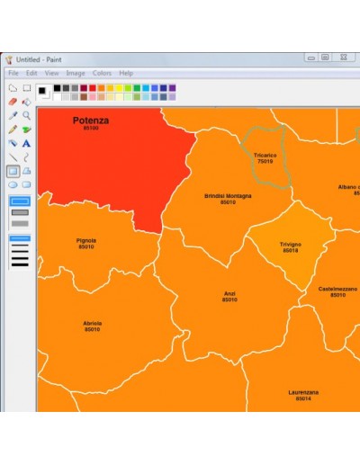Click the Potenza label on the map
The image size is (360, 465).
[91, 120]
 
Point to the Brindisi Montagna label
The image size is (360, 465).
[228, 196]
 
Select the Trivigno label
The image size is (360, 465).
[291, 244]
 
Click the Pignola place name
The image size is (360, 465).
[86, 240]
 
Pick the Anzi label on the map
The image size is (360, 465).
[229, 293]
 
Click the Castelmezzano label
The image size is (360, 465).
[337, 289]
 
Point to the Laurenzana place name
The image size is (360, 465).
[303, 392]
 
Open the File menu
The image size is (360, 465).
[13, 73]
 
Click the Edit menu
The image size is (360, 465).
[31, 73]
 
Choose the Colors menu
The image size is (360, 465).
[102, 73]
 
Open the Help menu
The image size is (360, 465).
[126, 73]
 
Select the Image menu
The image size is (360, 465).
[76, 73]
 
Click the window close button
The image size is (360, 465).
[343, 58]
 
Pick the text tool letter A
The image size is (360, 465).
[27, 143]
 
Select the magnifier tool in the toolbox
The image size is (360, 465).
[27, 115]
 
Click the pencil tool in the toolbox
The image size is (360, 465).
[13, 130]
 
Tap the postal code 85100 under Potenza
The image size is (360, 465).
[91, 129]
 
